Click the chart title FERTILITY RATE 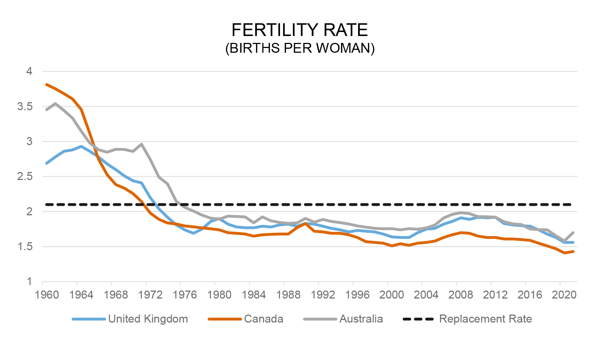[300, 30]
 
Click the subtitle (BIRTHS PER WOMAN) [300, 48]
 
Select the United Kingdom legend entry [148, 319]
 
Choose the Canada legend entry [263, 319]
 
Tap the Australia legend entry [361, 319]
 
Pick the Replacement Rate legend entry [485, 319]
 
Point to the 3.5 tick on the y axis [25, 107]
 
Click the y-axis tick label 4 [29, 71]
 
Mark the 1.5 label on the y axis [25, 247]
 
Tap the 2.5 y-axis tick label [25, 177]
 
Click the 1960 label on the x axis [47, 295]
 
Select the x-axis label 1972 [150, 295]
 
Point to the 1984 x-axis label [254, 295]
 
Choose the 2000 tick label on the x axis [392, 295]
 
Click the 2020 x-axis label [564, 295]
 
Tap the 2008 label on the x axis [461, 295]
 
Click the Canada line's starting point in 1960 [47, 85]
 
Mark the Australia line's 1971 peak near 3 [141, 144]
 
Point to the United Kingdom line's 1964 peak [81, 146]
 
